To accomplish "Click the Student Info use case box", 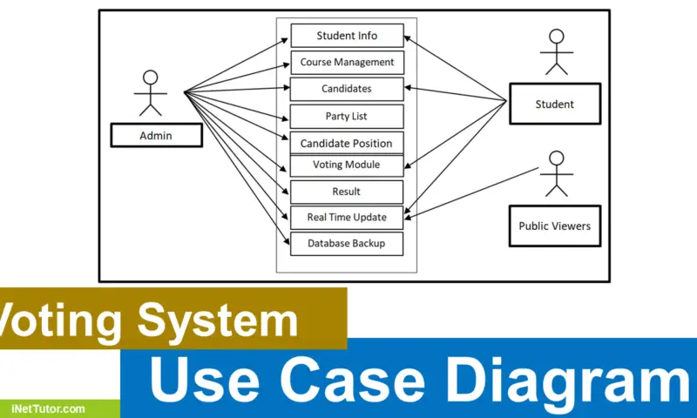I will click(x=347, y=36).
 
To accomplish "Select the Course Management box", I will click(x=347, y=63).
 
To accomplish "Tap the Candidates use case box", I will click(x=347, y=89).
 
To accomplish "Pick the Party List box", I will click(x=347, y=116).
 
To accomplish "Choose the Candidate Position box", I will click(x=347, y=143).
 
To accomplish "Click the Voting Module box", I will click(x=347, y=165).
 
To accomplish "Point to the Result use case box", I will click(x=347, y=192).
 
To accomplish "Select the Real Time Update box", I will click(x=347, y=217).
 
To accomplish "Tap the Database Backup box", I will click(x=347, y=244).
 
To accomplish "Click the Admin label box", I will click(x=156, y=135).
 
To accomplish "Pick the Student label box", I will click(x=555, y=104).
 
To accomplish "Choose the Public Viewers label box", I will click(x=555, y=226).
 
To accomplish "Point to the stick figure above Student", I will click(x=554, y=53).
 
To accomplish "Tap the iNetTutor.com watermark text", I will click(x=49, y=408).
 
